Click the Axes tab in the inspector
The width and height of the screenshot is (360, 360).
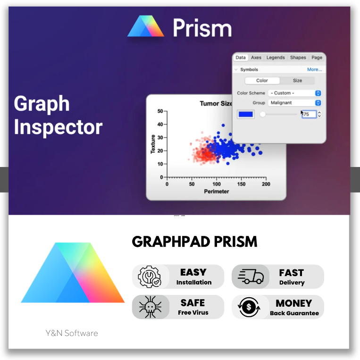pyautogui.click(x=256, y=58)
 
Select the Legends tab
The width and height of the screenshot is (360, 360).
pyautogui.click(x=276, y=58)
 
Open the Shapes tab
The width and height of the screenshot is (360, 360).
pyautogui.click(x=298, y=58)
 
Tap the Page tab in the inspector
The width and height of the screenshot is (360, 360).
pyautogui.click(x=317, y=58)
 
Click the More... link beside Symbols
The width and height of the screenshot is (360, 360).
pyautogui.click(x=314, y=69)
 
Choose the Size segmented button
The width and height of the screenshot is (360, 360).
pyautogui.click(x=297, y=81)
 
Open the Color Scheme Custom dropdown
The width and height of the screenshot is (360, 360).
pyautogui.click(x=295, y=93)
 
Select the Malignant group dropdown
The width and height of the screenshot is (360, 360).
pyautogui.click(x=295, y=103)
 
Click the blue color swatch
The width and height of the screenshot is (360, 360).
pyautogui.click(x=246, y=114)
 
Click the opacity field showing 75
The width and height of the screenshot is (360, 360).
pyautogui.click(x=309, y=114)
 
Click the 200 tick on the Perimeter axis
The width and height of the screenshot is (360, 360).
pyautogui.click(x=266, y=184)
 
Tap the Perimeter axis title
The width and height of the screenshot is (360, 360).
pyautogui.click(x=217, y=192)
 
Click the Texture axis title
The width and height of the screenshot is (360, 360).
pyautogui.click(x=153, y=144)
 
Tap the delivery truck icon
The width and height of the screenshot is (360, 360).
pyautogui.click(x=251, y=276)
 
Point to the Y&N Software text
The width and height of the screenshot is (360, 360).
pyautogui.click(x=72, y=333)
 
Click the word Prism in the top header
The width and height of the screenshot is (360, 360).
pyautogui.click(x=202, y=28)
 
